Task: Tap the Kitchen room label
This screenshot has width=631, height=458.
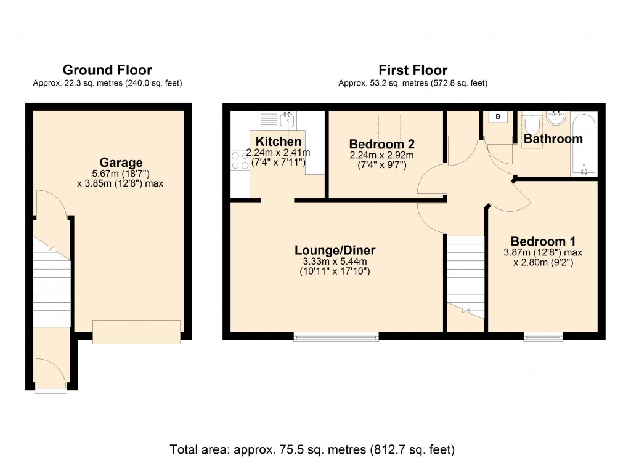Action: point(279,142)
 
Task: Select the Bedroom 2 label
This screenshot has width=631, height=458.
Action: point(381,144)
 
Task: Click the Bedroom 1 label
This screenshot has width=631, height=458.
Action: point(543,241)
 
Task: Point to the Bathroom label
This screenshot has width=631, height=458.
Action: point(553,139)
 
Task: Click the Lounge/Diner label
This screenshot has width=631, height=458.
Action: point(335,251)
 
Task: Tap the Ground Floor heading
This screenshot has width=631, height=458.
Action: point(107,70)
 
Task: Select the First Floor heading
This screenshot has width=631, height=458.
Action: point(413,70)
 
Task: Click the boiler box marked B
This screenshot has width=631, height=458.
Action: point(498,116)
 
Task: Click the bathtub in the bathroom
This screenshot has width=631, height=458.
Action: point(584,143)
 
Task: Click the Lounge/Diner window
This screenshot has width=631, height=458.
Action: point(336,336)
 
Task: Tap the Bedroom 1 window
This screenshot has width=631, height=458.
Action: point(543,336)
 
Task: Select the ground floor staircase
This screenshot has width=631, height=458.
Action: point(52,283)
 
